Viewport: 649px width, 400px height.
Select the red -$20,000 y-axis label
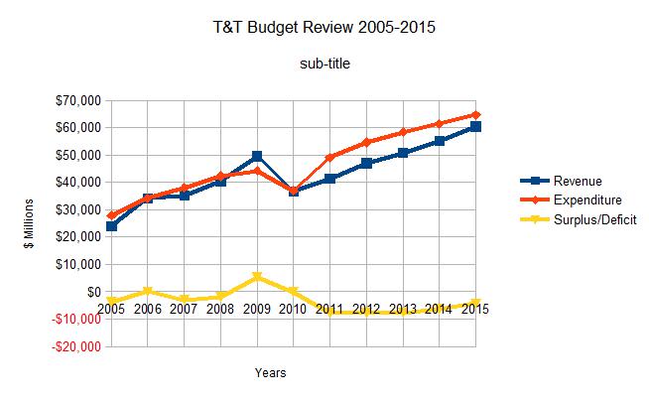click(73, 346)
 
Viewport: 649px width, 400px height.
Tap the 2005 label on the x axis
click(111, 309)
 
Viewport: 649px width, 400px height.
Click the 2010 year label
click(293, 309)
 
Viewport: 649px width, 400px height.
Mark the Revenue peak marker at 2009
click(257, 156)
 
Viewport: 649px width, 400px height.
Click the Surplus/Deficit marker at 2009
click(257, 277)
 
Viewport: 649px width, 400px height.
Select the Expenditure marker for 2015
click(475, 115)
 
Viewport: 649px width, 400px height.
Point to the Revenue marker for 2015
click(475, 127)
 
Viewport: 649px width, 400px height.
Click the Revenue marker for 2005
click(111, 226)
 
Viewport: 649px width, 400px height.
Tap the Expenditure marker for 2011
click(329, 158)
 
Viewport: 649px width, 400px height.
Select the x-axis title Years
click(270, 373)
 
